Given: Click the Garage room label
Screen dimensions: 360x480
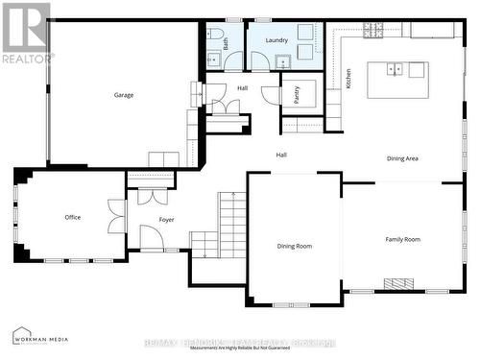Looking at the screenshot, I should pyautogui.click(x=124, y=95).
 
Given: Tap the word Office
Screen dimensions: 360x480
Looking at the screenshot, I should pyautogui.click(x=73, y=217).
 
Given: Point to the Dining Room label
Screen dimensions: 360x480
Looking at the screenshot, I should pyautogui.click(x=295, y=246).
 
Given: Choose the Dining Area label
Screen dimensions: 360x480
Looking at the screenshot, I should pyautogui.click(x=402, y=158).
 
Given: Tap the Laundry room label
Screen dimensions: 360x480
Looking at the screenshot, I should pyautogui.click(x=276, y=40).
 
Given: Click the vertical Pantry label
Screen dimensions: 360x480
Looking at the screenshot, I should pyautogui.click(x=297, y=95).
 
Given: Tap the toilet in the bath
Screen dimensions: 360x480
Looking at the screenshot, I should pyautogui.click(x=213, y=39).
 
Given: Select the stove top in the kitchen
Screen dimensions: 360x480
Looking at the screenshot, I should pyautogui.click(x=371, y=30).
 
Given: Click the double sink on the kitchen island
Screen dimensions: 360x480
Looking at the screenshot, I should pyautogui.click(x=394, y=69).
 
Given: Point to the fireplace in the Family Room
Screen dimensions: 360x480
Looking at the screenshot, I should pyautogui.click(x=398, y=284).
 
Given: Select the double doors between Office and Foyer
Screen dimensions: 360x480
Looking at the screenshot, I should pyautogui.click(x=117, y=217).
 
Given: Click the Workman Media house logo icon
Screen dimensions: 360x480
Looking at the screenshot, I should pyautogui.click(x=20, y=336).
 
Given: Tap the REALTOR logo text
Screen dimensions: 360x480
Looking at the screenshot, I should pyautogui.click(x=26, y=59).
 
